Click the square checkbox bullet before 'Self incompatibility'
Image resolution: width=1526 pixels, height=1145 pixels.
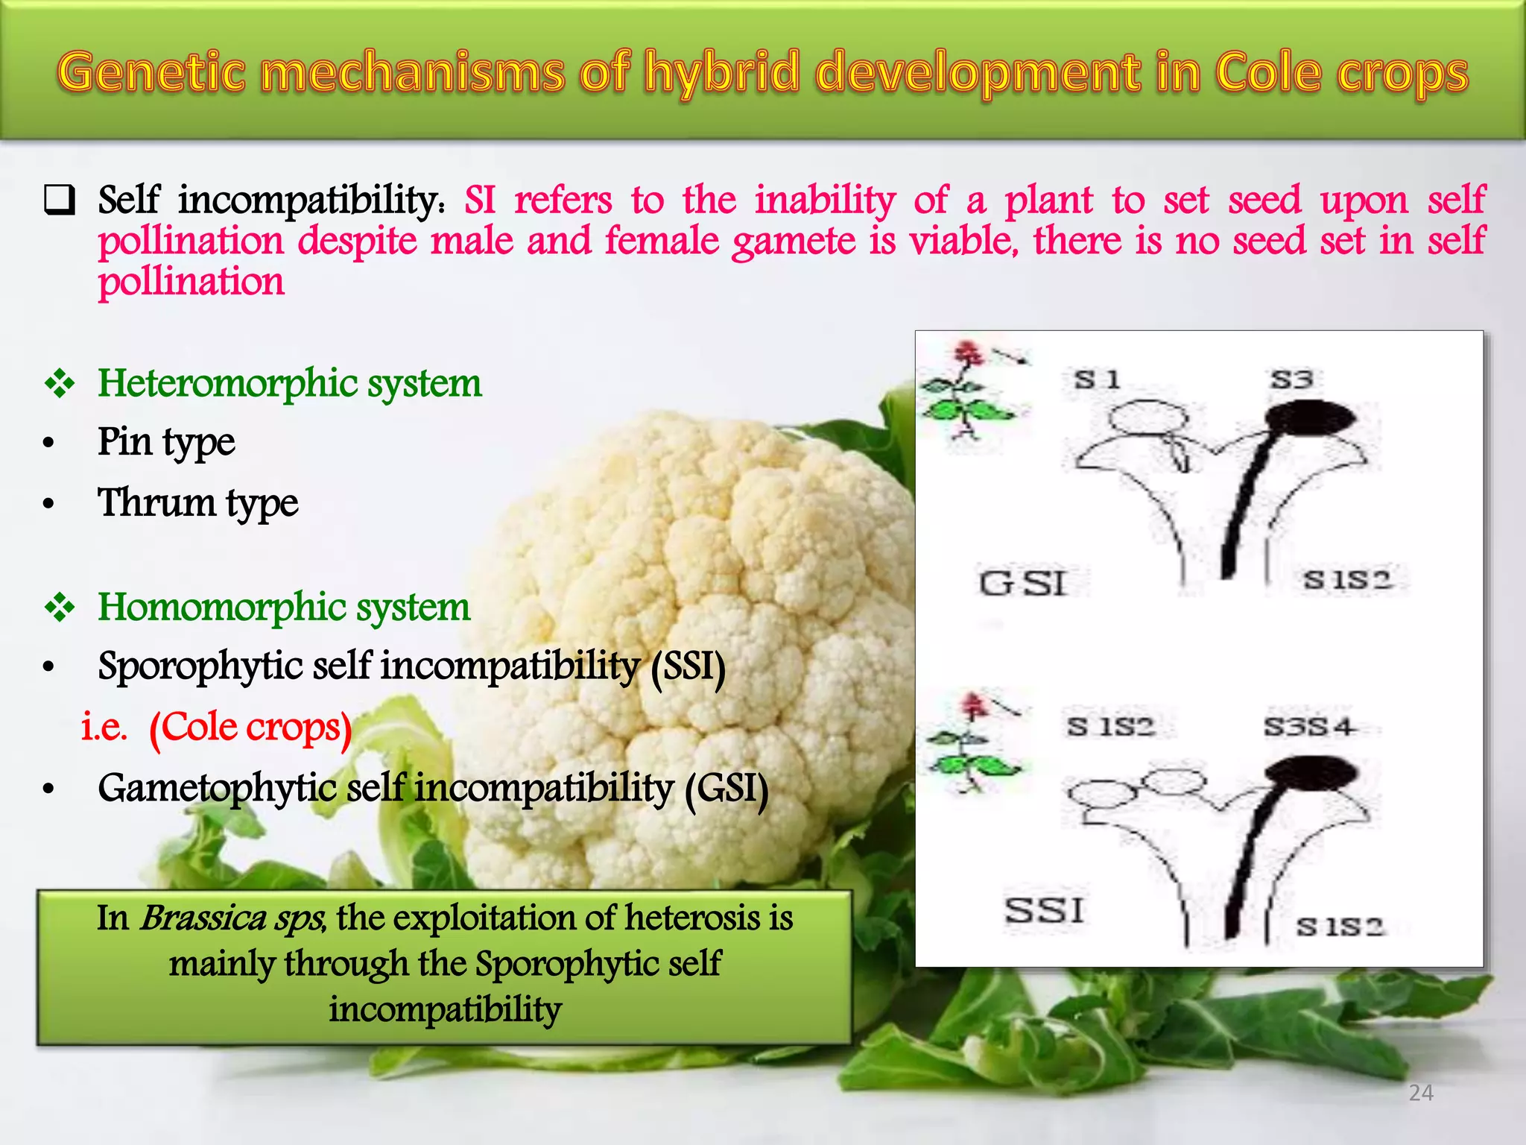coord(60,201)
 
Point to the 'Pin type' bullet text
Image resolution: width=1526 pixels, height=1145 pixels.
coord(166,442)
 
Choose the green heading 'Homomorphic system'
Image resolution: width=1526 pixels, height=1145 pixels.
coord(284,607)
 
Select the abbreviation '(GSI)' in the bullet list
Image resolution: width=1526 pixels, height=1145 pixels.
coord(726,788)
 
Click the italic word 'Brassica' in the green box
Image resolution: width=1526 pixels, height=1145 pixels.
coord(203,918)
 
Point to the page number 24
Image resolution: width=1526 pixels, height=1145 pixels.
coord(1421,1093)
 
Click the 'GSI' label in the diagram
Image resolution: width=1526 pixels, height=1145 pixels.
coord(1023,583)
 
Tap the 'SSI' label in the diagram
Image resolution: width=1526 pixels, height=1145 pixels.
coord(1044,910)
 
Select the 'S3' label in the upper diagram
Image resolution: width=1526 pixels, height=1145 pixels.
coord(1291,379)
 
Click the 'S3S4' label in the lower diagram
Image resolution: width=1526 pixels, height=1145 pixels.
coord(1308,726)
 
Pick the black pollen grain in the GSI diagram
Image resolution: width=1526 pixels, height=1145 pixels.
coord(1311,417)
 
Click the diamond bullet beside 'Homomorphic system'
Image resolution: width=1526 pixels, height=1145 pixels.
coord(60,608)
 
